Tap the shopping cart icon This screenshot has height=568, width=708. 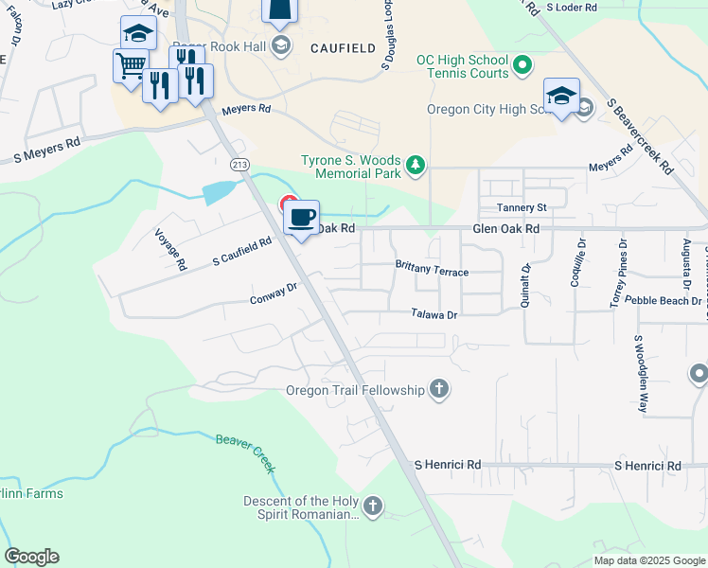tap(130, 65)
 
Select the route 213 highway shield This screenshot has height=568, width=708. tap(240, 165)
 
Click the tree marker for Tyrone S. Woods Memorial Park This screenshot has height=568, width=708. tap(415, 168)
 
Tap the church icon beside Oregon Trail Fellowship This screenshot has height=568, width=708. tap(438, 389)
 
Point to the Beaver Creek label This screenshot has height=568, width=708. tap(245, 453)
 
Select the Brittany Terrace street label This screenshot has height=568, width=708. tap(432, 272)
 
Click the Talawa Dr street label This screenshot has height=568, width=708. tap(434, 314)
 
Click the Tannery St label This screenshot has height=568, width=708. tap(522, 207)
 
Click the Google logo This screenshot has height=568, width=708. tap(31, 557)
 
